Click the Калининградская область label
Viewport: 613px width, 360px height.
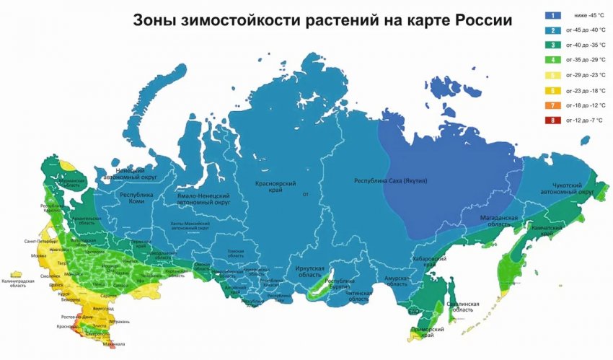click(x=18, y=283)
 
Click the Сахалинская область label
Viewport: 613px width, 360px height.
click(x=462, y=308)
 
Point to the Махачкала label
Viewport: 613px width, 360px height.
click(x=92, y=343)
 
